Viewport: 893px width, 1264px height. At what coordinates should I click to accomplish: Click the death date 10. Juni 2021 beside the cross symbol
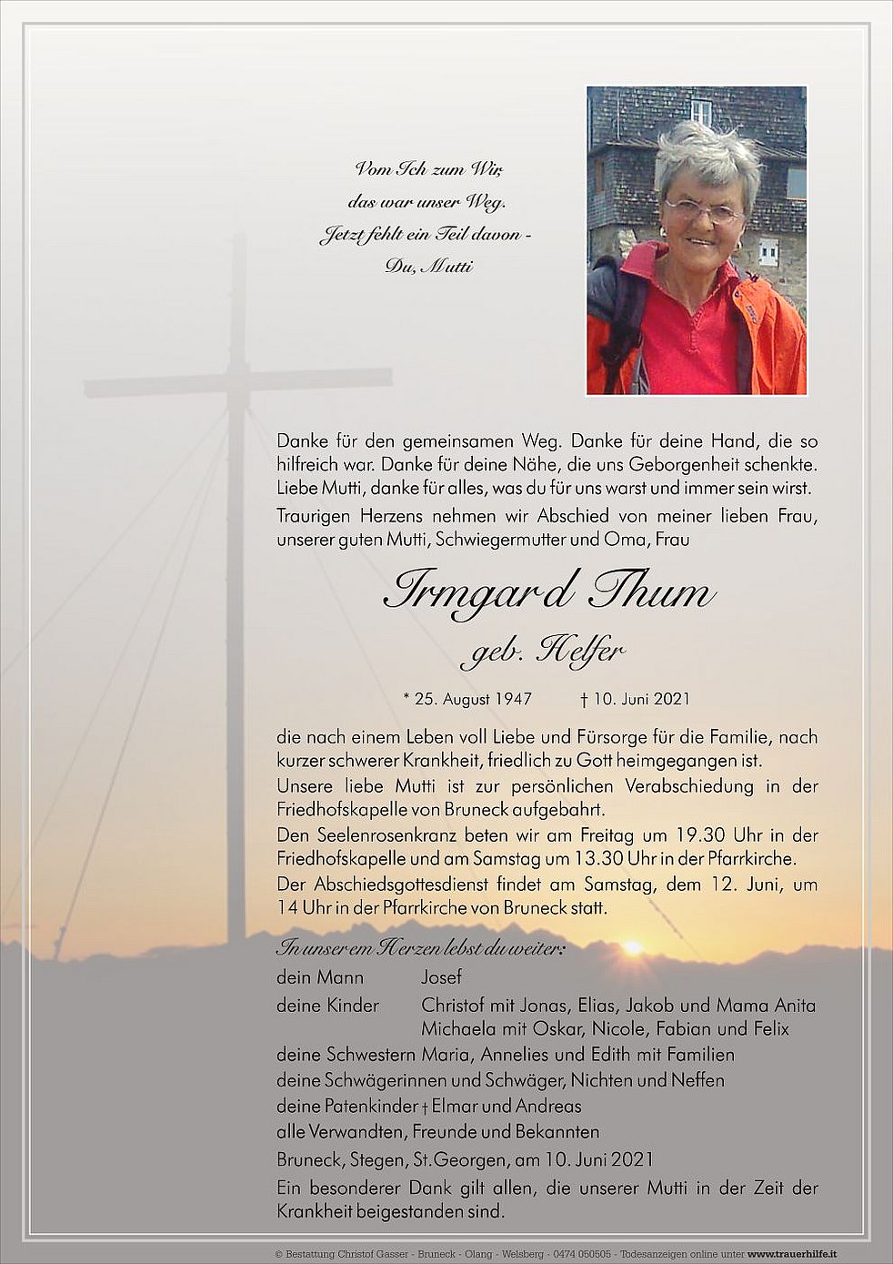641,699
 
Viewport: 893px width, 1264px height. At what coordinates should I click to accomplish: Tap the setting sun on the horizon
631,948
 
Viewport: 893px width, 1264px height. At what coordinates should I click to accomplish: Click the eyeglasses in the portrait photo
703,210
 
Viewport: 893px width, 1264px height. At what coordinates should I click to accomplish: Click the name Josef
441,977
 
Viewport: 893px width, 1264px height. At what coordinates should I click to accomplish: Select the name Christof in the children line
454,1006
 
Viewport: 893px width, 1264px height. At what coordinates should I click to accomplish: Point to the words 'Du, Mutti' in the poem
428,267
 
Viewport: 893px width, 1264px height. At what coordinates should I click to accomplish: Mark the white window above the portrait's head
701,111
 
